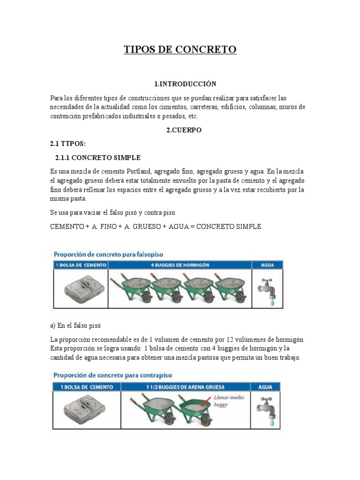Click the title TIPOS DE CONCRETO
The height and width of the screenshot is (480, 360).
pyautogui.click(x=180, y=50)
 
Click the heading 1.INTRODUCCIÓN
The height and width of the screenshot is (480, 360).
pyautogui.click(x=185, y=84)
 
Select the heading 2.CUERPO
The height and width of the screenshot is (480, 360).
pyautogui.click(x=184, y=130)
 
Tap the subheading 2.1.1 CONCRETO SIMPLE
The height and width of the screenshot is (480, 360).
pyautogui.click(x=97, y=157)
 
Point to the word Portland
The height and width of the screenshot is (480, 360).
pyautogui.click(x=142, y=172)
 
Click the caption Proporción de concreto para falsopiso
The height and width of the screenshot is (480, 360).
pyautogui.click(x=108, y=254)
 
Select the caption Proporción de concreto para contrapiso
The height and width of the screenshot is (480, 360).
pyautogui.click(x=113, y=375)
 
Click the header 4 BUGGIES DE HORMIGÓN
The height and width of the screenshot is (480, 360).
pyautogui.click(x=180, y=265)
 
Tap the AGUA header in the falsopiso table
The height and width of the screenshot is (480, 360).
pyautogui.click(x=267, y=265)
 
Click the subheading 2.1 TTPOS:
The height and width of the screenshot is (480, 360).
pyautogui.click(x=68, y=143)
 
